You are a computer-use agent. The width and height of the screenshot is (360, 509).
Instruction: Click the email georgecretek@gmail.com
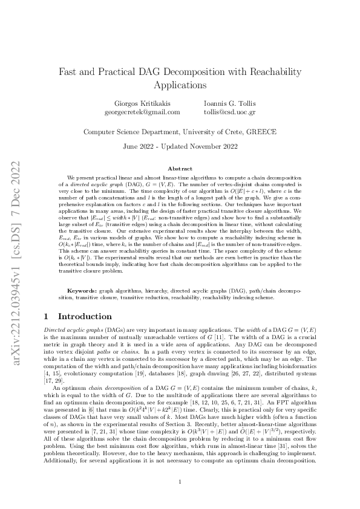[x=142, y=112]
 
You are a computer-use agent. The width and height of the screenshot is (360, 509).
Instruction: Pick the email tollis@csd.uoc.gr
[x=230, y=112]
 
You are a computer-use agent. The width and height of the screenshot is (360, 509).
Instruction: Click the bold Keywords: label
[x=82, y=291]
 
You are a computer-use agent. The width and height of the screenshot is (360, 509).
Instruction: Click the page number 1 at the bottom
[x=180, y=482]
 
